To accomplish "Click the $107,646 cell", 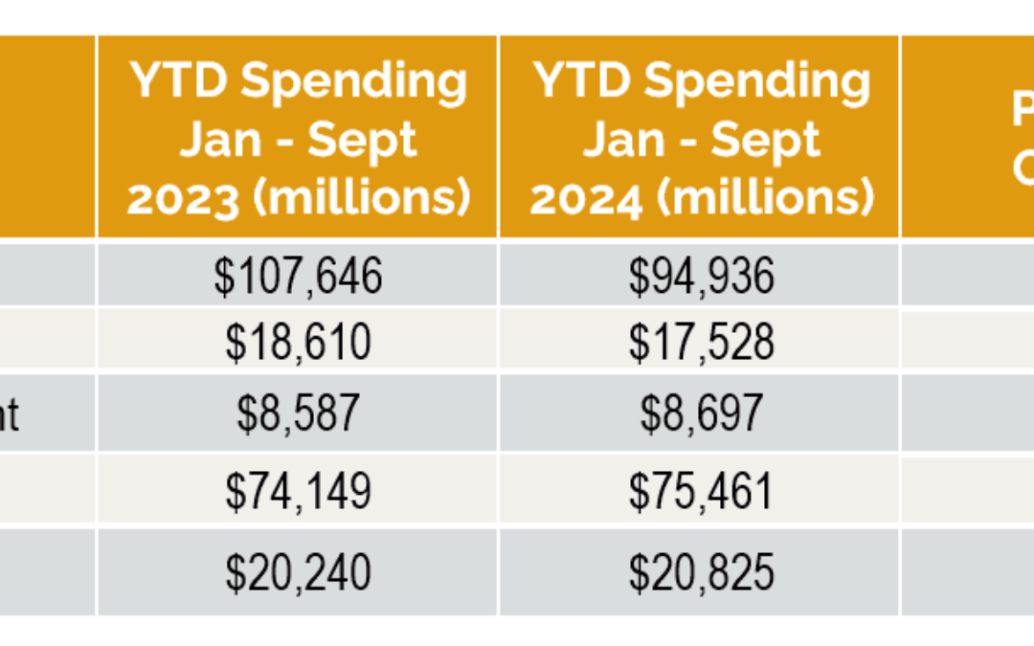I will pyautogui.click(x=298, y=277).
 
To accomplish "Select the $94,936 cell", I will pyautogui.click(x=701, y=277).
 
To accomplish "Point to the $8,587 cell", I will pyautogui.click(x=298, y=413).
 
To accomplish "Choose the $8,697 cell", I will pyautogui.click(x=701, y=413).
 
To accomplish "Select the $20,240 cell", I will pyautogui.click(x=298, y=572).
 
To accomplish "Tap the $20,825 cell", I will pyautogui.click(x=701, y=572).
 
